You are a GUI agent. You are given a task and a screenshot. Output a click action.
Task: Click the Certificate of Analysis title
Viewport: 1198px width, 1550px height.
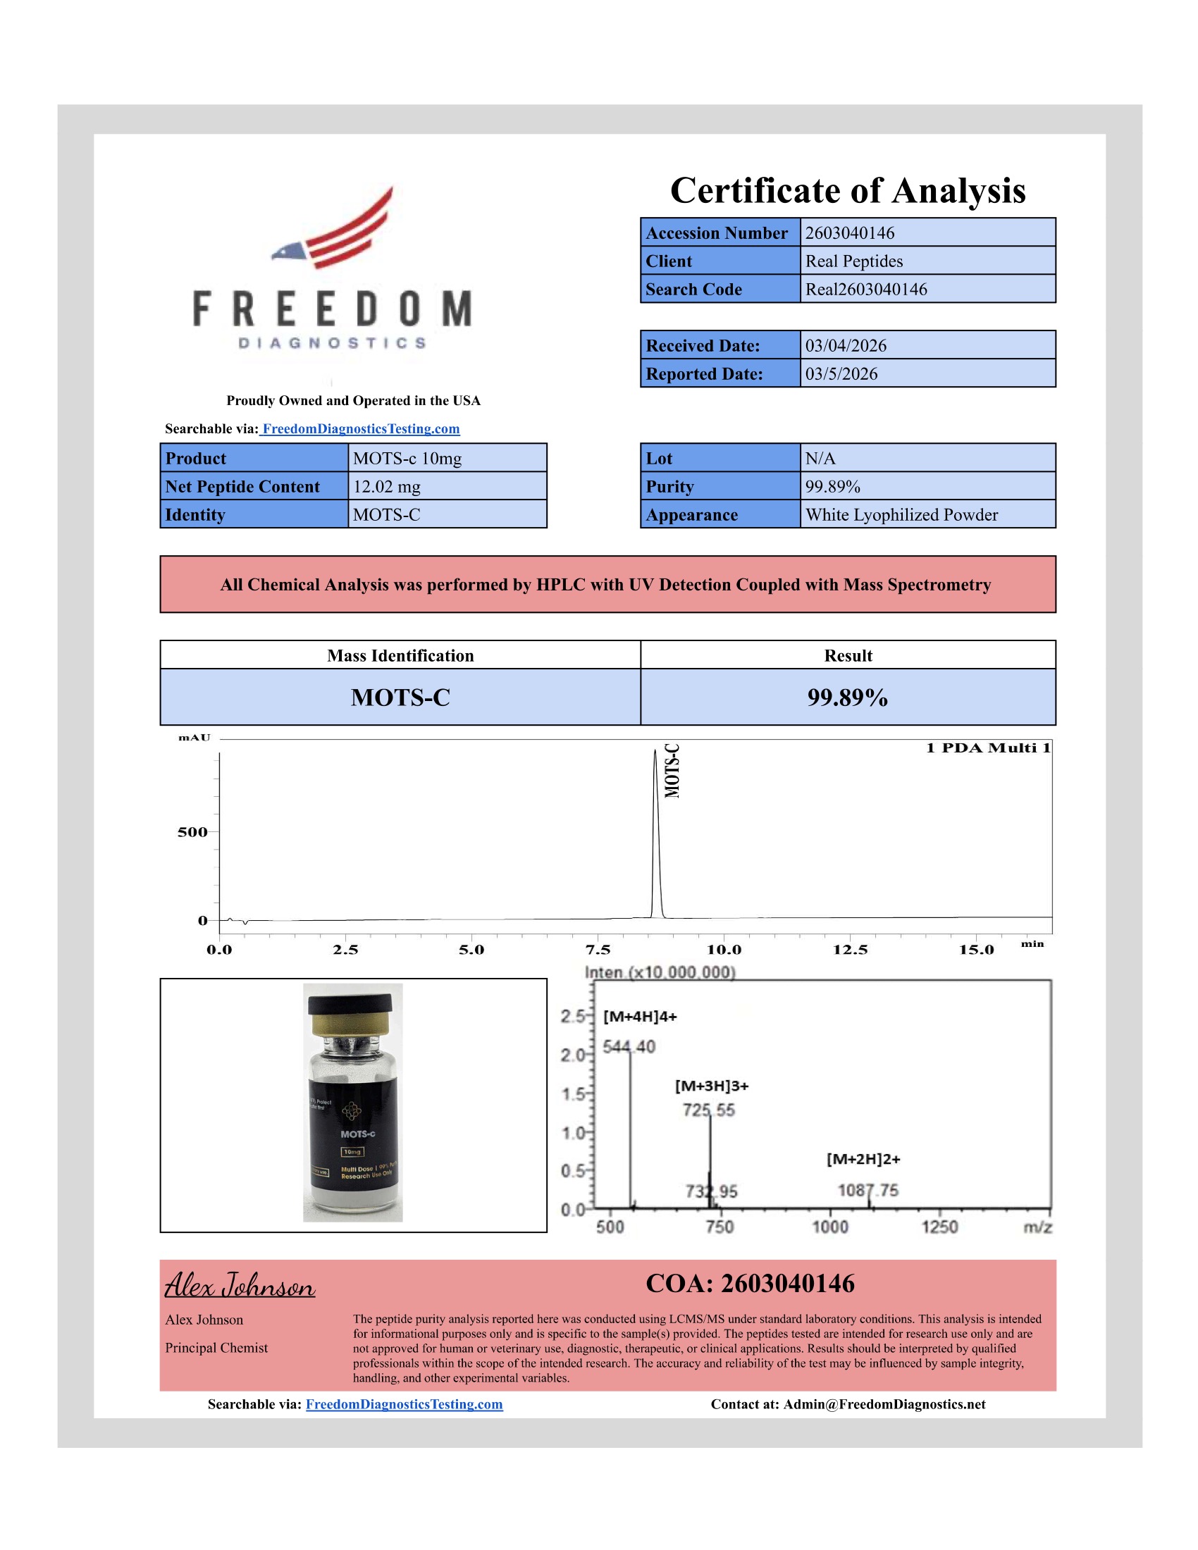tap(847, 191)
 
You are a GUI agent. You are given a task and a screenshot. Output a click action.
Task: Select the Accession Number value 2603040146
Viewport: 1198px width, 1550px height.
tap(850, 232)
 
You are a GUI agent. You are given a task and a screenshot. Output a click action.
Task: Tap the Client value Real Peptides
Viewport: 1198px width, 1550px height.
tap(854, 261)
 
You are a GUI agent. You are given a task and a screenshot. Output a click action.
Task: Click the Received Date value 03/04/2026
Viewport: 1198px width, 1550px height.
tap(845, 346)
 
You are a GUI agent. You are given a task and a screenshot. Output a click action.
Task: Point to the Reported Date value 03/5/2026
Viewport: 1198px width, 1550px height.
tap(841, 374)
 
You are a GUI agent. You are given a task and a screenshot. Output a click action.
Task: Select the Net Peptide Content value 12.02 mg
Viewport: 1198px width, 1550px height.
tap(387, 487)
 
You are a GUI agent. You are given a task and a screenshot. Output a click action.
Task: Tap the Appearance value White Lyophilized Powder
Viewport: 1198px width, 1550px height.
tap(901, 515)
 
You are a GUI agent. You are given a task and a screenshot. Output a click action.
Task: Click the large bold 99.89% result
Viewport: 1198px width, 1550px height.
tap(847, 697)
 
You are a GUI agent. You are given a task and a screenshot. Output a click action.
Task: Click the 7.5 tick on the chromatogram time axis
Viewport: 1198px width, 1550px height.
tap(598, 950)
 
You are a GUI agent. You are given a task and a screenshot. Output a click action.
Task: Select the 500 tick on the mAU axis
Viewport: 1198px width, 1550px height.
tap(192, 832)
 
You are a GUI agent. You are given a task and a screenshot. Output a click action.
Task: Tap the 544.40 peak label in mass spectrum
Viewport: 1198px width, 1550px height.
tap(629, 1046)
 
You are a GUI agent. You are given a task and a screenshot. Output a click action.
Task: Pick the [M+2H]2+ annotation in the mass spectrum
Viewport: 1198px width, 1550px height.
tap(863, 1159)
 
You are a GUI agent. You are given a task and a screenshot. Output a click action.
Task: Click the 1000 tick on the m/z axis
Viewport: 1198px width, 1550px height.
tap(829, 1227)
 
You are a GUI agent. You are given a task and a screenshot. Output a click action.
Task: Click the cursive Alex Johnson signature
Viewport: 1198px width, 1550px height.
tap(240, 1285)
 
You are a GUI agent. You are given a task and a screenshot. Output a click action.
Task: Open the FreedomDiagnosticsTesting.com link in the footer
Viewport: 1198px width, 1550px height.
tap(404, 1403)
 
